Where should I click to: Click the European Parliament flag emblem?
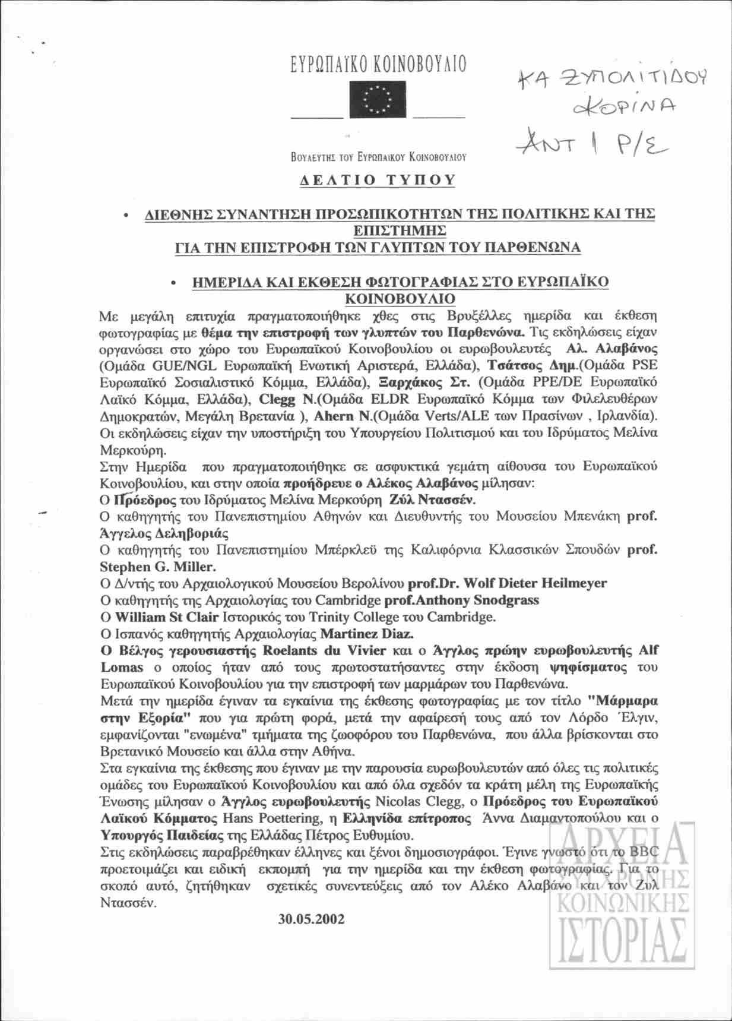(378, 99)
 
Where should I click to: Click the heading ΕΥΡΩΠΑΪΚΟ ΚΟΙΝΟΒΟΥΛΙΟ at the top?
(378, 65)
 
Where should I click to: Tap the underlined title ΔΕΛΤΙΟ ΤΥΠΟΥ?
(378, 180)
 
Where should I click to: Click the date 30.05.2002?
(311, 919)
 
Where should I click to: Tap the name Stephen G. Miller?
(157, 567)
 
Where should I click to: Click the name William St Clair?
(166, 617)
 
